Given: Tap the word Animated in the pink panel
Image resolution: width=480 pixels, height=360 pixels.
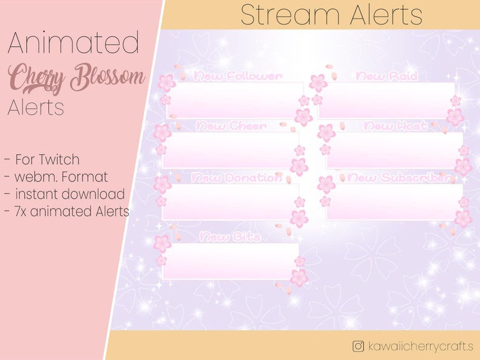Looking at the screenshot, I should [x=74, y=44].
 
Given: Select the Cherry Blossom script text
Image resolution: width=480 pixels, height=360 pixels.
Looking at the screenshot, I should [x=77, y=78].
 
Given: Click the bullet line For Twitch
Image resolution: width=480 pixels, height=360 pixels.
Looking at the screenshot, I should [x=42, y=160].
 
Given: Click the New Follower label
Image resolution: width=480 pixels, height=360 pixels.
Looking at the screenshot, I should [x=238, y=76].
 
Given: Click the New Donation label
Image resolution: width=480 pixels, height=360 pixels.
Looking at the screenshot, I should [x=236, y=178].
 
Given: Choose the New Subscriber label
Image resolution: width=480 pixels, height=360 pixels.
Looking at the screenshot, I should [x=400, y=178].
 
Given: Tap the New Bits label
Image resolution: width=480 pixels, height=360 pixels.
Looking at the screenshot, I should [x=230, y=237].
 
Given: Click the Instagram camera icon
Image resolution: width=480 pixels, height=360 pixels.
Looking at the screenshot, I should [x=358, y=346].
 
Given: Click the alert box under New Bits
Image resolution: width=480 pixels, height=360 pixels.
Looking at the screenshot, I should [x=231, y=261].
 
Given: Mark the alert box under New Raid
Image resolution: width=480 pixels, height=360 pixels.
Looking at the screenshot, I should [x=386, y=100].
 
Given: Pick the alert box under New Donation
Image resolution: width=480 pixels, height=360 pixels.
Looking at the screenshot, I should [x=231, y=201].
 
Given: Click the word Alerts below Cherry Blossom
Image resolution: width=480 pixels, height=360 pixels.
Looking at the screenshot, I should [x=36, y=108].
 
